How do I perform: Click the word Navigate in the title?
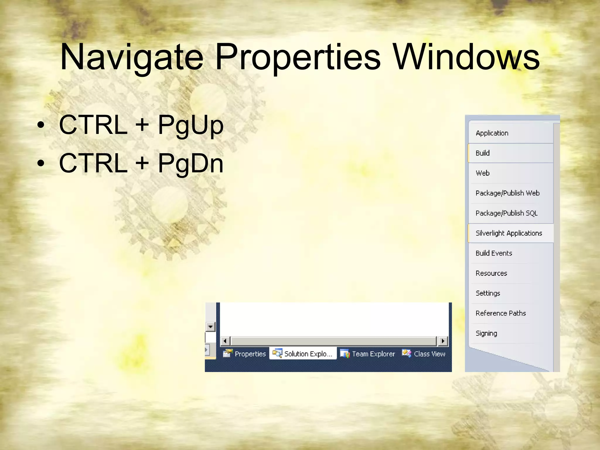132,57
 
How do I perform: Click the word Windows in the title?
466,57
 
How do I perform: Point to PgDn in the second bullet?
190,163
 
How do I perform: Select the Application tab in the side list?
492,133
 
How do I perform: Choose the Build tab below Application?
483,153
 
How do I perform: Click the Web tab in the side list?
483,173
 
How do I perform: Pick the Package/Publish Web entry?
507,193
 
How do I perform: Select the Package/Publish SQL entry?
507,213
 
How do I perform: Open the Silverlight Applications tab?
509,233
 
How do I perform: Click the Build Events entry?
494,253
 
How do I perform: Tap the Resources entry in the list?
491,273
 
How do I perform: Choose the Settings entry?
488,293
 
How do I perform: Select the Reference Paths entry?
501,313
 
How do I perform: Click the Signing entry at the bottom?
486,333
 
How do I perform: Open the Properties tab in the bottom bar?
245,354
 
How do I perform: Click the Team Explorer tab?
368,354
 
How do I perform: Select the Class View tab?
424,354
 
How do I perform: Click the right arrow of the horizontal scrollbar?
443,341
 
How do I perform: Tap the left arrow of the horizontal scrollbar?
225,341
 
